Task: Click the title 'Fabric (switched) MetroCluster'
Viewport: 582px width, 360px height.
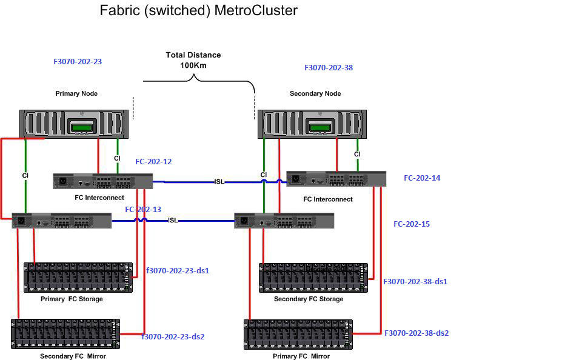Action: [x=198, y=10]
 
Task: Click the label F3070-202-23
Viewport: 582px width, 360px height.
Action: [x=78, y=61]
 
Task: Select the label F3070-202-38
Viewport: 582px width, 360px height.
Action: [x=328, y=68]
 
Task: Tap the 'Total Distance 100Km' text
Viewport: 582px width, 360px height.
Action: [x=193, y=60]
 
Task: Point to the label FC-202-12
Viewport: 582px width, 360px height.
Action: [x=153, y=162]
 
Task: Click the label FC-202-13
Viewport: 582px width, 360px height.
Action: [x=143, y=210]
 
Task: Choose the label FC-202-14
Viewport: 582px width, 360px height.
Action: [x=422, y=178]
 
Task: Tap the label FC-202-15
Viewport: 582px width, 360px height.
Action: [x=412, y=224]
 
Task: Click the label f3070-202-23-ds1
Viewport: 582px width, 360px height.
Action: [x=178, y=271]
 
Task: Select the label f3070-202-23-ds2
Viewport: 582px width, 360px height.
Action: [x=173, y=337]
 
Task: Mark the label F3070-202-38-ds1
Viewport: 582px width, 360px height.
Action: [x=415, y=282]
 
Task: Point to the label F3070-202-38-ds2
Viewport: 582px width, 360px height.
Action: [x=416, y=333]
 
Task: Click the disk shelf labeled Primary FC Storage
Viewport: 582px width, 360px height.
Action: [x=78, y=278]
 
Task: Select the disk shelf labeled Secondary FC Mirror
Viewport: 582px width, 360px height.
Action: [x=65, y=334]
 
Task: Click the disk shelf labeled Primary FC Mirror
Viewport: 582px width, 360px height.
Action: [x=298, y=335]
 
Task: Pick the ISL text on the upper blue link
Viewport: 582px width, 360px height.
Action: [x=219, y=182]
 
